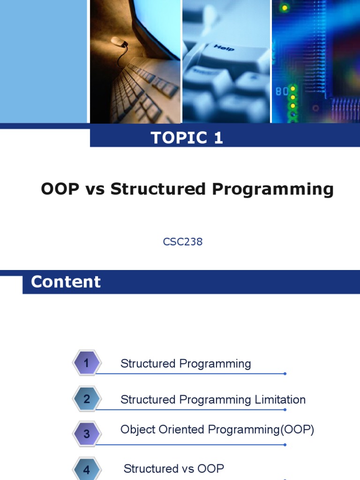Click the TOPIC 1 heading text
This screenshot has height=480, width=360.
click(x=187, y=137)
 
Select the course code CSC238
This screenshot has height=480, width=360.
click(x=183, y=242)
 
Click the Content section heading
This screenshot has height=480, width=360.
click(x=66, y=282)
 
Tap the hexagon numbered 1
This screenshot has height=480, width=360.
click(x=86, y=363)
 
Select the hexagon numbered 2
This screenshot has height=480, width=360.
click(x=86, y=399)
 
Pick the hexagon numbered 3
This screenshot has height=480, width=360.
click(x=86, y=434)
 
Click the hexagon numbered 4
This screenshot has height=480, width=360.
click(x=86, y=469)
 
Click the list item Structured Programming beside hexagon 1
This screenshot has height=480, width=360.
click(x=186, y=364)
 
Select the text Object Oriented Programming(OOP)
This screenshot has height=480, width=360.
click(x=217, y=429)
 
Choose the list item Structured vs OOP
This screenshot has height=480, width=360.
click(x=173, y=468)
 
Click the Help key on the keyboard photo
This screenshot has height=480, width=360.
click(x=224, y=48)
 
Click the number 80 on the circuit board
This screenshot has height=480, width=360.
click(x=281, y=92)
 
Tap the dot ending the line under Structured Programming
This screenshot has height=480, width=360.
click(x=285, y=374)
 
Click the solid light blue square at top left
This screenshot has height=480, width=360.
click(x=43, y=61)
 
